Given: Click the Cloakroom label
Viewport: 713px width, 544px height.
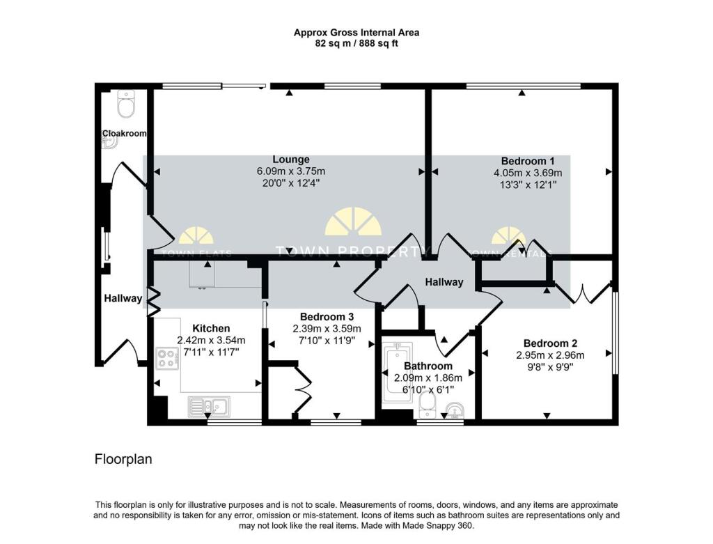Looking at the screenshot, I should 125,134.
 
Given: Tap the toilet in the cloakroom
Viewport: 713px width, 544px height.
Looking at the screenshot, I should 126,106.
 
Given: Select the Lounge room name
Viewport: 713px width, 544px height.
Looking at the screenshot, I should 291,160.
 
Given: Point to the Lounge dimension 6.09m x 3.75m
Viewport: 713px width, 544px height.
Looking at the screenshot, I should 291,171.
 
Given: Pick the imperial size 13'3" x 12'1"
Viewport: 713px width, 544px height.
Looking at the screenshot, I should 528,185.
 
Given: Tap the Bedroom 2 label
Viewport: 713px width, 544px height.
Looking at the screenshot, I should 550,343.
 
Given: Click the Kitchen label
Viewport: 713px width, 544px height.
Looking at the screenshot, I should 211,328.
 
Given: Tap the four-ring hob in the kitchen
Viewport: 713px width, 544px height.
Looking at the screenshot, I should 166,358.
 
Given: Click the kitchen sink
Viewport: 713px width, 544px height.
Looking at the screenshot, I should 209,406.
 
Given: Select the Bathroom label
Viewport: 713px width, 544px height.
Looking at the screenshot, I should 428,366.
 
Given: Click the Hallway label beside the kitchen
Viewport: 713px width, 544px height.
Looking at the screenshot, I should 123,298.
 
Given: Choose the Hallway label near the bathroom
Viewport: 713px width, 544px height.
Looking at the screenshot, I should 444,282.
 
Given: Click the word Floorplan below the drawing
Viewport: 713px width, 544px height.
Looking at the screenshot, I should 123,460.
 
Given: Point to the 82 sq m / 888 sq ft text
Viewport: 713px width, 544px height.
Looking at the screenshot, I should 356,43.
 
